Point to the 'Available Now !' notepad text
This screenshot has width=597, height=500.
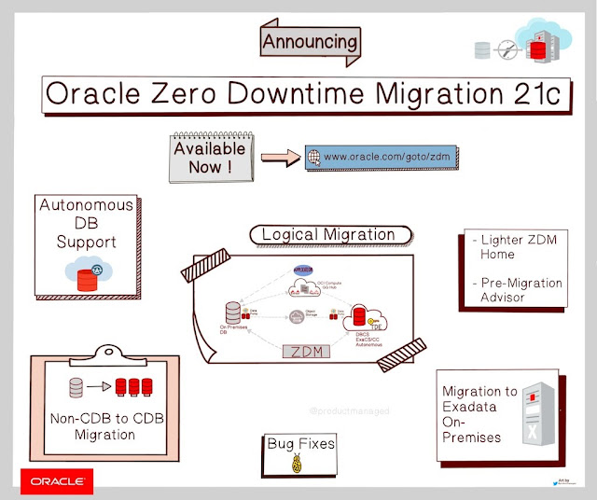[x=209, y=157]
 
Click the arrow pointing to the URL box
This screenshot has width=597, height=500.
[x=277, y=157]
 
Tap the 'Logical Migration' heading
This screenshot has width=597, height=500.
[x=327, y=234]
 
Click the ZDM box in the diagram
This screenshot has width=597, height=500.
[x=308, y=352]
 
